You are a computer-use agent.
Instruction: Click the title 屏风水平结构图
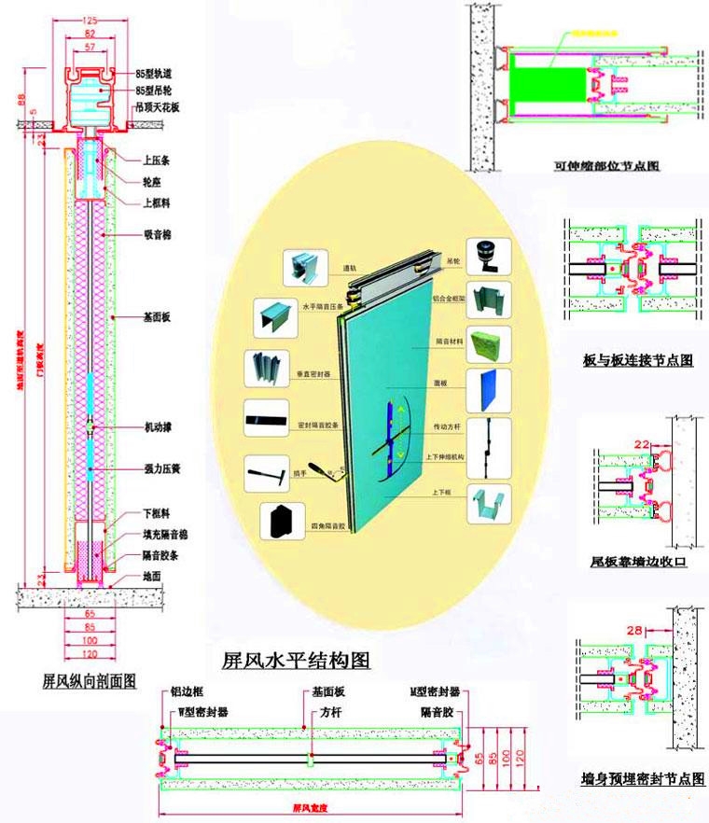pos(296,661)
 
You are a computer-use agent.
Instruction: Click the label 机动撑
pos(158,426)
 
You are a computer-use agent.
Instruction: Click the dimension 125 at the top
pos(90,21)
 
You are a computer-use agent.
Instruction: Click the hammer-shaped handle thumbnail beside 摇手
pos(264,473)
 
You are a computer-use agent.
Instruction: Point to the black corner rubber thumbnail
pos(280,519)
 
